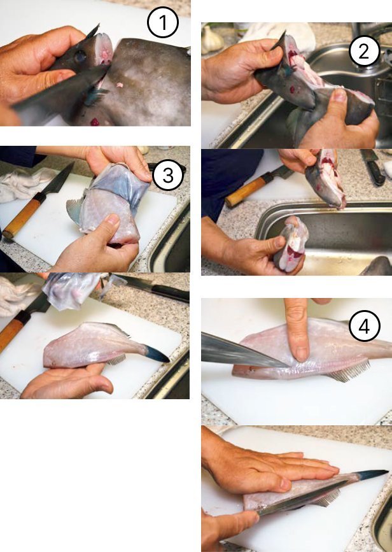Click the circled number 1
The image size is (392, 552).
162,22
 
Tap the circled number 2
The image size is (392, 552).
364,51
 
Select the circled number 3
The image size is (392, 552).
168,175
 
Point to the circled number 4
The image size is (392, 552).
364,326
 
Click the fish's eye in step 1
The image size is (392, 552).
80,56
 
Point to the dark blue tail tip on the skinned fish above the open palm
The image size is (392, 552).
157,354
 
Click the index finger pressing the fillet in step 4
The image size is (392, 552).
298,329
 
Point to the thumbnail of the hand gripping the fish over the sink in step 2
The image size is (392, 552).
339,94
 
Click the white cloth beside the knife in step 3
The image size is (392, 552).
20,185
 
